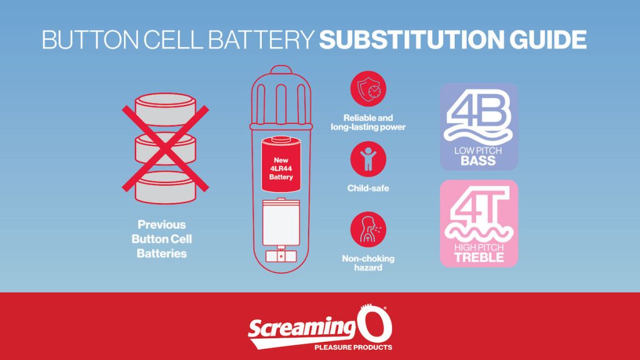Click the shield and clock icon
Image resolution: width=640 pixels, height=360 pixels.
[x=368, y=89]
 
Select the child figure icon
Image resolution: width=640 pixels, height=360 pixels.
[x=368, y=158]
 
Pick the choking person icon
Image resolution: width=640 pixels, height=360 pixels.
[x=368, y=229]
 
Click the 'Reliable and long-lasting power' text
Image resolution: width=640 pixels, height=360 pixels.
[x=368, y=122]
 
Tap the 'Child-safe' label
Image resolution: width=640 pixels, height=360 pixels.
[x=368, y=188]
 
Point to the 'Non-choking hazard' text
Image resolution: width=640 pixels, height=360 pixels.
[x=368, y=263]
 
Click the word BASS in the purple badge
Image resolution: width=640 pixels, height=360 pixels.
[x=479, y=161]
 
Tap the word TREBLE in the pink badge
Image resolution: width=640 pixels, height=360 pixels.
[x=479, y=257]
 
